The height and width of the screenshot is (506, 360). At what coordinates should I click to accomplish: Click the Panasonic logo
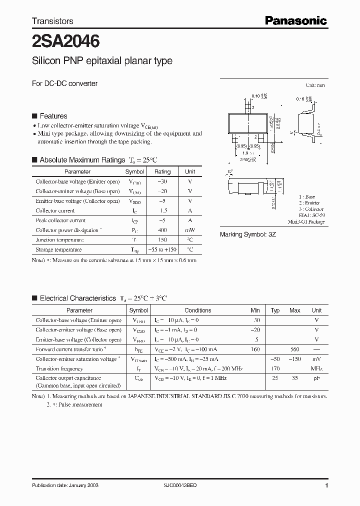pyautogui.click(x=295, y=20)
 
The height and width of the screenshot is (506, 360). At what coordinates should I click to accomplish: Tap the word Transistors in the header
pyautogui.click(x=52, y=21)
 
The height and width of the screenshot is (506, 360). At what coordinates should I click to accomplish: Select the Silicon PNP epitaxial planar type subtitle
pyautogui.click(x=102, y=60)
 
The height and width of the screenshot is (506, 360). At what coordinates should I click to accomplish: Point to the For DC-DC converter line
pyautogui.click(x=64, y=83)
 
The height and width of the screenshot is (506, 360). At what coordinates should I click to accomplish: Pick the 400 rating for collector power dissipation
pyautogui.click(x=162, y=230)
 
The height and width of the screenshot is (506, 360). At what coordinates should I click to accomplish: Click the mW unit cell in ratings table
pyautogui.click(x=190, y=230)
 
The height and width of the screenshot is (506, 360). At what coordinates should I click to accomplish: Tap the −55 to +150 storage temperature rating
pyautogui.click(x=162, y=249)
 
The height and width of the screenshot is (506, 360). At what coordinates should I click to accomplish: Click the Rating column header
pyautogui.click(x=162, y=171)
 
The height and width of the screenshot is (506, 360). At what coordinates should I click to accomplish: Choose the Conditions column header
pyautogui.click(x=198, y=310)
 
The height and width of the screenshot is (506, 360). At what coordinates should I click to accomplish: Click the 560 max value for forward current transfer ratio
pyautogui.click(x=294, y=349)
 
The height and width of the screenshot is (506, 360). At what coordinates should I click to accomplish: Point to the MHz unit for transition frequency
pyautogui.click(x=316, y=369)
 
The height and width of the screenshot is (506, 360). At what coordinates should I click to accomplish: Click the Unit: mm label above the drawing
pyautogui.click(x=315, y=85)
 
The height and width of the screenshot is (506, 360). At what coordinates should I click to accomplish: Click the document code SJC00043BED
pyautogui.click(x=184, y=485)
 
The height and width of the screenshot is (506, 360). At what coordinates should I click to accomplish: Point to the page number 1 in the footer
pyautogui.click(x=326, y=485)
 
